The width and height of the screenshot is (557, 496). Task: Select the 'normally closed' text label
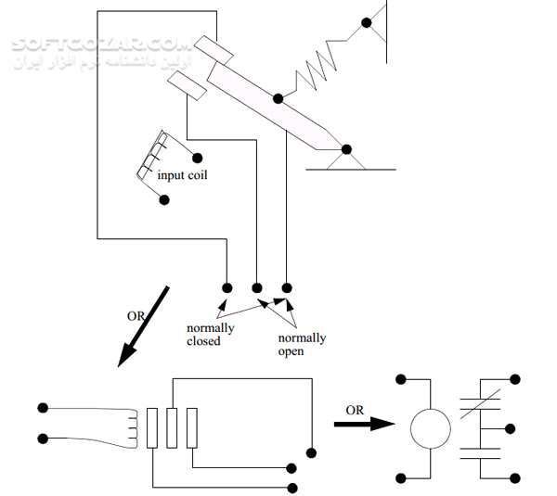[210, 335]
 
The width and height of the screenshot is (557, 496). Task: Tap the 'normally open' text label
[302, 344]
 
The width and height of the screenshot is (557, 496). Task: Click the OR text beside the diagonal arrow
[136, 316]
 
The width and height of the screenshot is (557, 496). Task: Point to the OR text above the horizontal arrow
[354, 409]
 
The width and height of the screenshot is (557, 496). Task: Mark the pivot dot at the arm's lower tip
[346, 149]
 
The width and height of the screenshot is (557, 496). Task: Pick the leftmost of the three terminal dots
[227, 286]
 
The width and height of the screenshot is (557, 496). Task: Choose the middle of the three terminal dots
[257, 286]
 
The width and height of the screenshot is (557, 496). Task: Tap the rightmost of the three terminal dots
[287, 286]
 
